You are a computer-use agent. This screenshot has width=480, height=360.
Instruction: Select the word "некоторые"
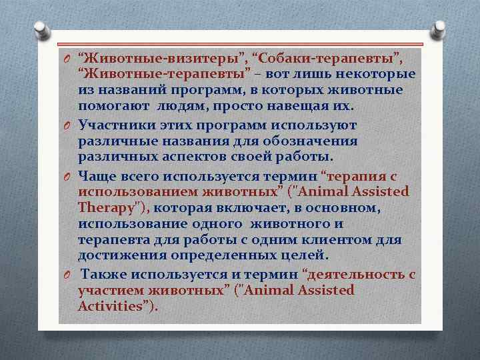click(x=378, y=74)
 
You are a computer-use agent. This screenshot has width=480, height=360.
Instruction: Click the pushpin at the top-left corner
click(x=41, y=29)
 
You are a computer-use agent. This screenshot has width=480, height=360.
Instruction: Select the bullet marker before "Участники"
click(x=68, y=125)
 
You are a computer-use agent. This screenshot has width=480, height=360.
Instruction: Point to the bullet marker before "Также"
click(x=68, y=274)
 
